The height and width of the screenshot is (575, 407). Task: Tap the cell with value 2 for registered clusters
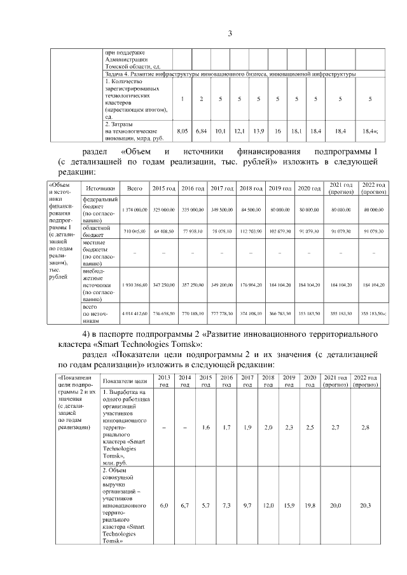coord(202,98)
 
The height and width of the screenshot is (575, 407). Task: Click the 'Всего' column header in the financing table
coord(135,188)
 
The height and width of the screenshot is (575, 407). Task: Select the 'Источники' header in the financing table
coord(100,188)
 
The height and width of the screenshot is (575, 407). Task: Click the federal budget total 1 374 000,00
coord(135,209)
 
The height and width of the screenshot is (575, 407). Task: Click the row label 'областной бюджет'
coord(93,231)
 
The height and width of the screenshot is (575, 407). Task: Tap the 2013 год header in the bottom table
coord(164,381)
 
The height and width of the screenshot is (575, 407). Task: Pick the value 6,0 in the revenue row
coord(164,505)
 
